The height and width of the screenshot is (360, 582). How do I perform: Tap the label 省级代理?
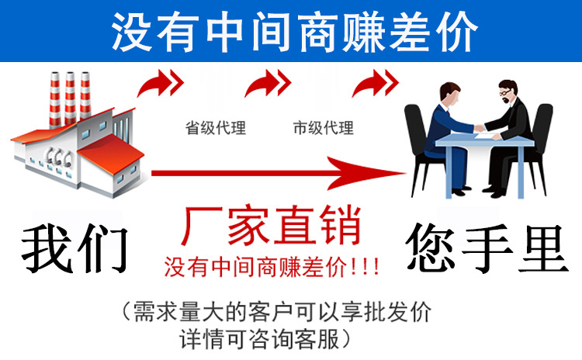coord(215,128)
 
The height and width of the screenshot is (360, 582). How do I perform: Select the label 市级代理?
coord(323,128)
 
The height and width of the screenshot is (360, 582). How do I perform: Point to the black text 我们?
coord(74,247)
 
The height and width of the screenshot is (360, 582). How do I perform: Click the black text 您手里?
coord(484,247)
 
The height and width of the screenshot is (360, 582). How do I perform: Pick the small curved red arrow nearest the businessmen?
coord(374,81)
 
